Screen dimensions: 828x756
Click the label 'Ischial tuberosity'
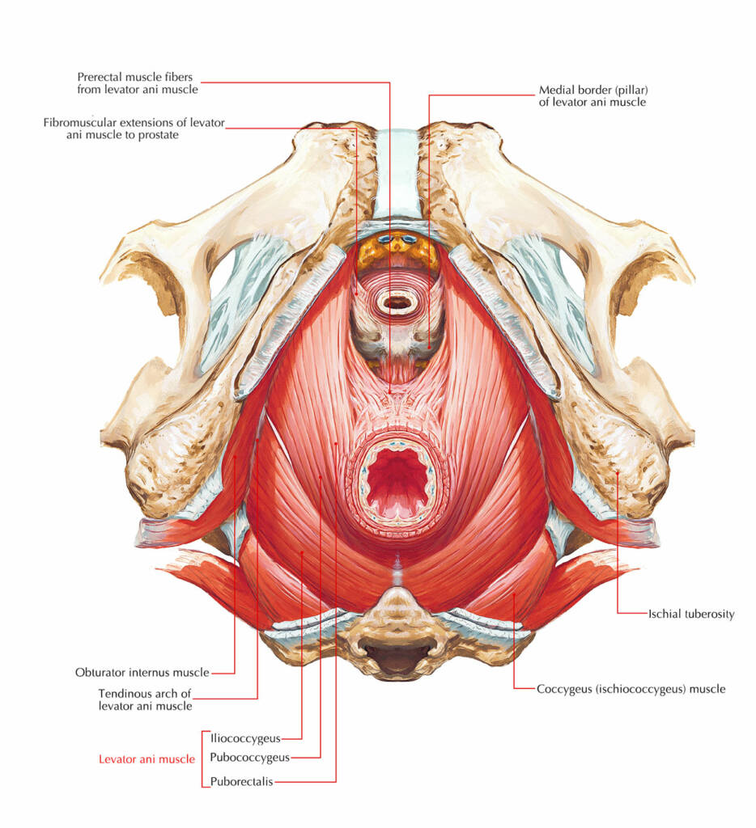[x=690, y=614]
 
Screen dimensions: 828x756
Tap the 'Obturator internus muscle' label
[x=142, y=672]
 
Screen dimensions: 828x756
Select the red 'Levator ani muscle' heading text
[x=147, y=758]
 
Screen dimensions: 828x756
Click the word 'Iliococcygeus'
[x=244, y=737]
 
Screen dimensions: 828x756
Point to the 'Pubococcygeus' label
[x=248, y=758]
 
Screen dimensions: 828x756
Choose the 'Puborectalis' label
[x=241, y=781]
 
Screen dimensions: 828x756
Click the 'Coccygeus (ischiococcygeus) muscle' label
[x=631, y=689]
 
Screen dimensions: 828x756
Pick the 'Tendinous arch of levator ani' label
[x=145, y=699]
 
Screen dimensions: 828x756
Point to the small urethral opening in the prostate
[x=397, y=303]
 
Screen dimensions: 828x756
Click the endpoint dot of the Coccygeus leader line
[x=514, y=596]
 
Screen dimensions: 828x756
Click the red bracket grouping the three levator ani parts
[x=202, y=758]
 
